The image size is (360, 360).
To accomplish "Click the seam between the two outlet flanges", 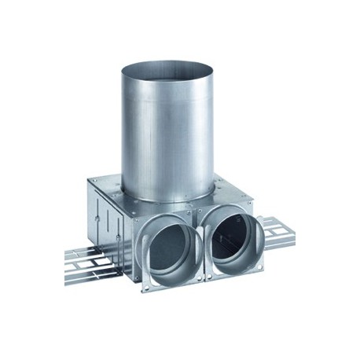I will coord(204,240).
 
